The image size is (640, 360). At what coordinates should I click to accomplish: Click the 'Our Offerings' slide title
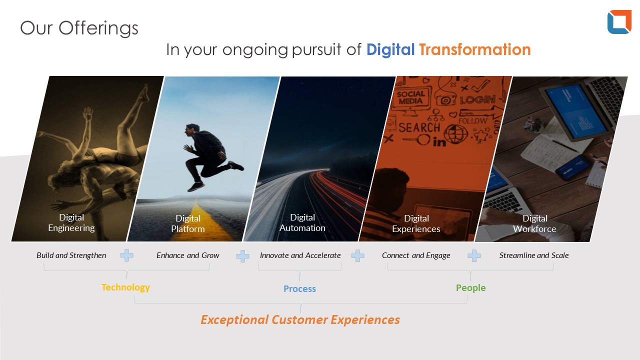pos(79,28)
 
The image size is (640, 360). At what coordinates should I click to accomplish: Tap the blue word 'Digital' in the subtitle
pos(390,49)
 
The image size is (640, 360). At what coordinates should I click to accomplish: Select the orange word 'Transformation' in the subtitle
pos(475,49)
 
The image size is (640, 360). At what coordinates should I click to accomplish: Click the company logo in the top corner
pos(619,22)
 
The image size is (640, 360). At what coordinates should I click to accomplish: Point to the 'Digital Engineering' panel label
pos(71,222)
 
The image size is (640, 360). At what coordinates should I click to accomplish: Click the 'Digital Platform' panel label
pos(188,223)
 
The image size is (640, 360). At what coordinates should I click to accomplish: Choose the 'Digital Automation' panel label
pos(302,222)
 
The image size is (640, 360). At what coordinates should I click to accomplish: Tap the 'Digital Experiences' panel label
pos(416,223)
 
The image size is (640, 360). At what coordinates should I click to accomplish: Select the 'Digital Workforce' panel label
pos(534,223)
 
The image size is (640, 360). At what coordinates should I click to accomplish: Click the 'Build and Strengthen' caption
pos(71,255)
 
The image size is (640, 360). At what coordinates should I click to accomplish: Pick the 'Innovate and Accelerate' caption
pos(300,255)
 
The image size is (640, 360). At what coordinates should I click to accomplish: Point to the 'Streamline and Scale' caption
pos(534,255)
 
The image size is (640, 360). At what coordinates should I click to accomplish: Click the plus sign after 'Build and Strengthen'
pos(126,255)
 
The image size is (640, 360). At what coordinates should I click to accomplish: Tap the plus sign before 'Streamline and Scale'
pos(474,255)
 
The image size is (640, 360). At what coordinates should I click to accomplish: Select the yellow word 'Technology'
pos(125,287)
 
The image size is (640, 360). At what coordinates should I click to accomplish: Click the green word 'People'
pos(471,288)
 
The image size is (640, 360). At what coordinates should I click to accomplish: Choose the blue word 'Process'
pos(299,289)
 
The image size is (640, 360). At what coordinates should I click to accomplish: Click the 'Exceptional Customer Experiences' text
pos(300,319)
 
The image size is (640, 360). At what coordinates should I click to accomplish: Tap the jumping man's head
pos(192,130)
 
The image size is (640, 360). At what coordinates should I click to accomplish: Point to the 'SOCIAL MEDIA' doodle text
pos(411,97)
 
